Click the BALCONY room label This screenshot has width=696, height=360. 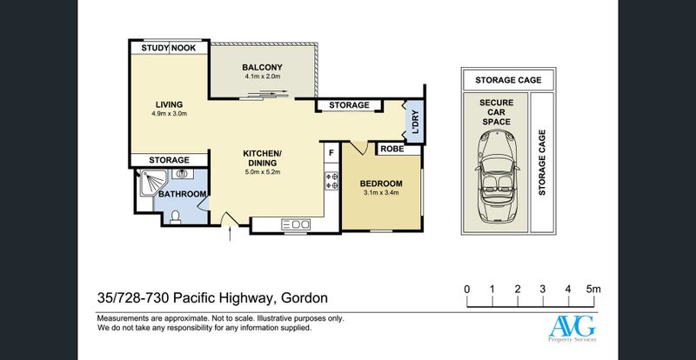262,68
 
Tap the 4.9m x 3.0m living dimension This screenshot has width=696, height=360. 169,113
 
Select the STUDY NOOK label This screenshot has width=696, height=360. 169,48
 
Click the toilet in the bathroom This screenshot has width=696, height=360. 176,217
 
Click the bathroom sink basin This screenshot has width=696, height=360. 182,174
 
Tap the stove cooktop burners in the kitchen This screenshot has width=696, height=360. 331,181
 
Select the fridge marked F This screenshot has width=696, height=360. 331,153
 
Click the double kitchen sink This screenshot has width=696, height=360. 295,225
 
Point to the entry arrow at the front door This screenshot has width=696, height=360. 230,234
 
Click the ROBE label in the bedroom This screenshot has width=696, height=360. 392,149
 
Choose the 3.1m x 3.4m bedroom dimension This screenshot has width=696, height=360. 380,193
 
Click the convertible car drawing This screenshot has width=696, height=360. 496,177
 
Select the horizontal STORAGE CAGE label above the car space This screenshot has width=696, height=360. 508,80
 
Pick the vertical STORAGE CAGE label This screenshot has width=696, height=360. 541,163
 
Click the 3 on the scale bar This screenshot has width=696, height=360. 542,290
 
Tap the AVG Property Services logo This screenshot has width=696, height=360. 572,329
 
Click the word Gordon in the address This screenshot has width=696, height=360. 304,297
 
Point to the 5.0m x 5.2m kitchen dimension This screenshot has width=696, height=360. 263,172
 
